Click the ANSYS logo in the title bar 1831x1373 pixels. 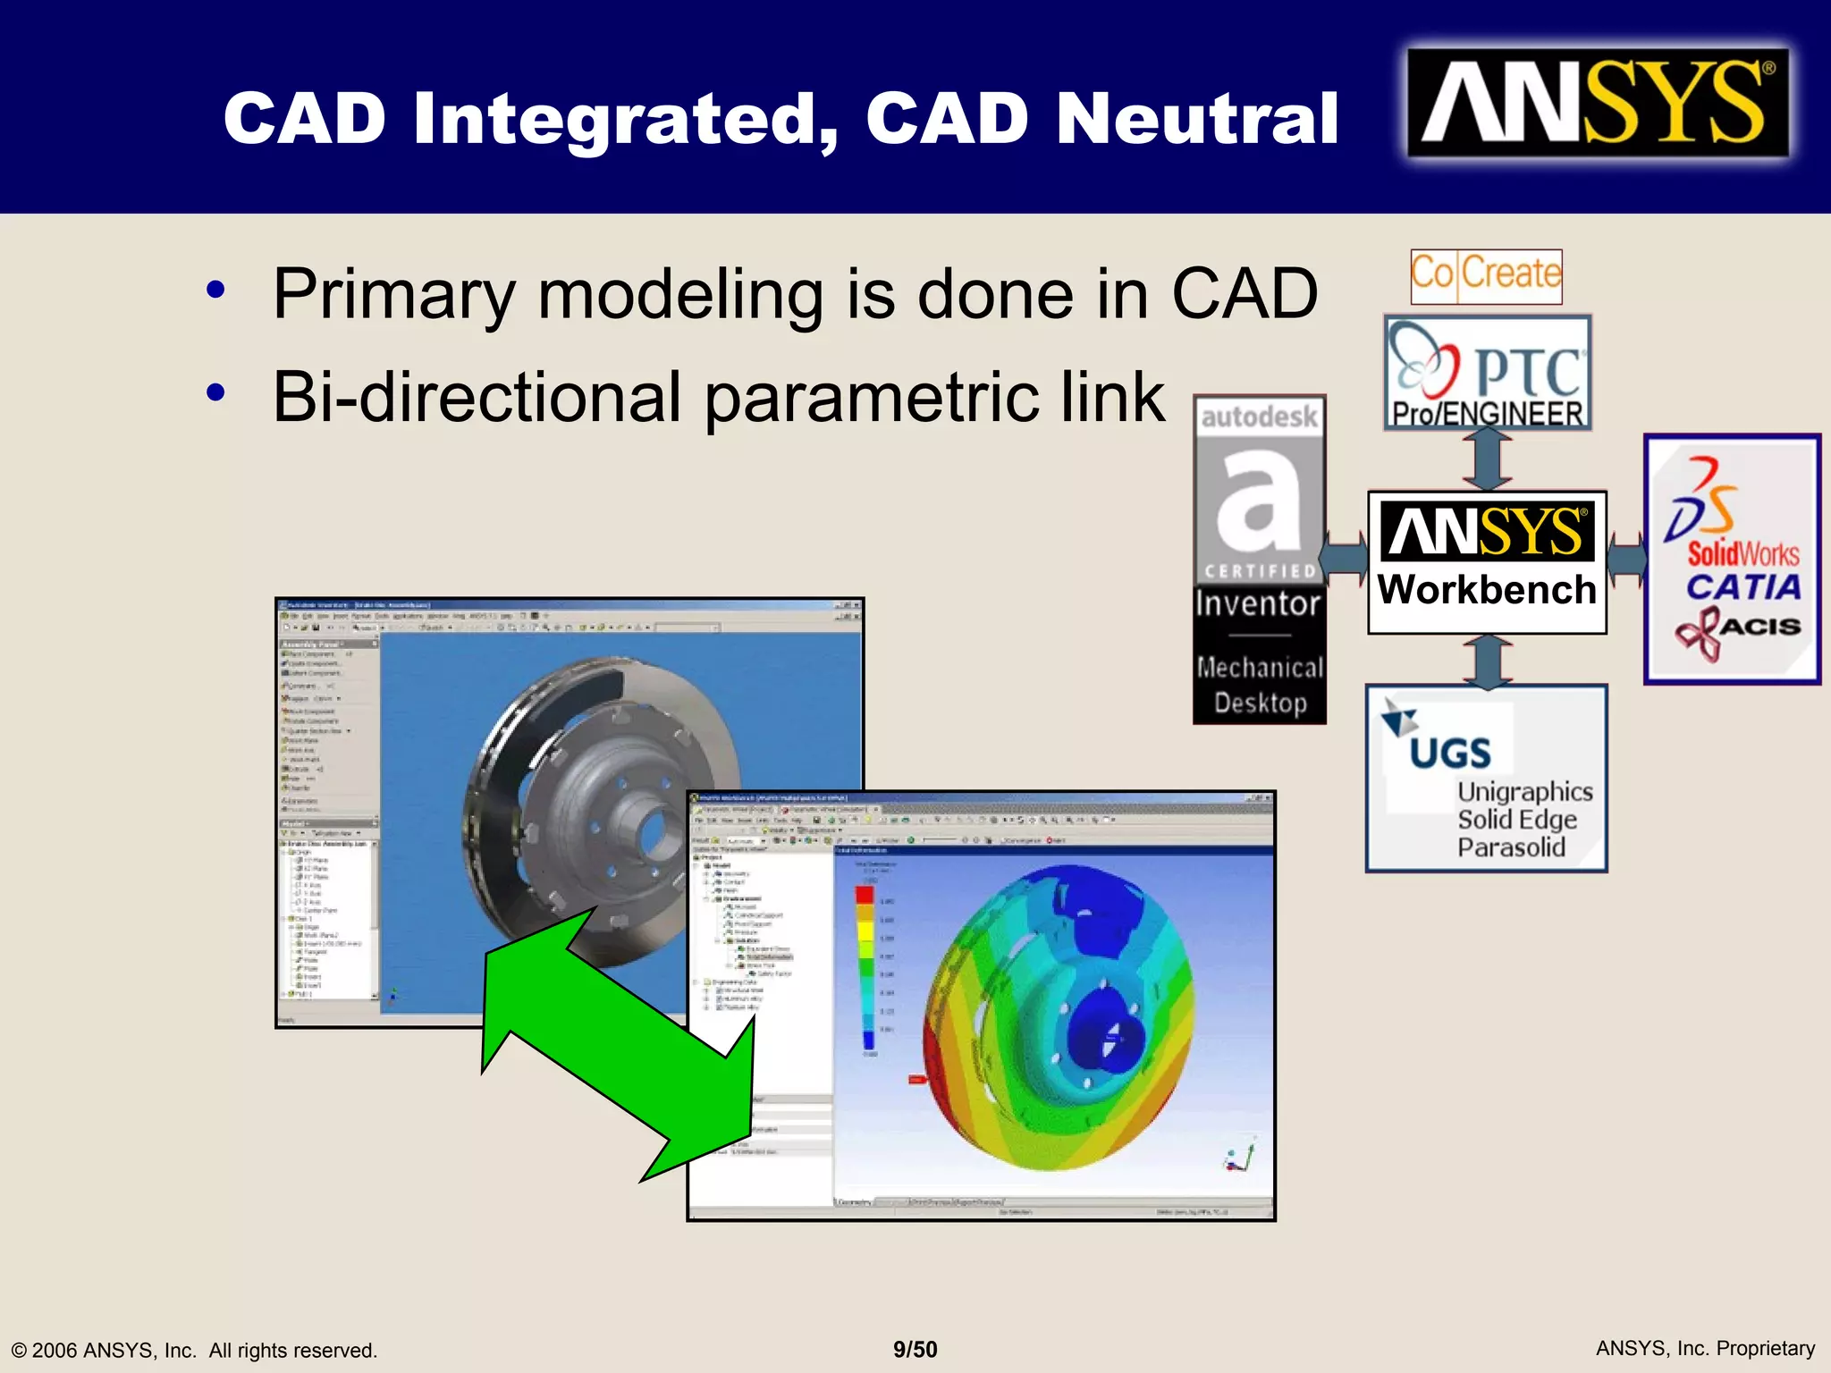point(1597,103)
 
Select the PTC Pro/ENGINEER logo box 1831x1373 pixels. point(1488,373)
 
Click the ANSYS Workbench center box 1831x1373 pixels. point(1487,561)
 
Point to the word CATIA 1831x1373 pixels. point(1742,588)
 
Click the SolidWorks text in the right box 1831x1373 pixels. point(1743,553)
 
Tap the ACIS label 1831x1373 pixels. point(1759,626)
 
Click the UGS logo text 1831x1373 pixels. point(1449,754)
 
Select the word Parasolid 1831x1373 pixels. point(1511,847)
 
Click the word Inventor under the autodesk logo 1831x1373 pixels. point(1258,603)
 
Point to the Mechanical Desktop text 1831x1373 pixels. point(1260,685)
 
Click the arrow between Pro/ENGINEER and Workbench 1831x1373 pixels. point(1487,459)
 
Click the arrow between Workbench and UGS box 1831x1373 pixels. point(1487,661)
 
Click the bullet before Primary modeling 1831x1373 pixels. point(215,291)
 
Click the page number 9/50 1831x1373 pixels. point(915,1349)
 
